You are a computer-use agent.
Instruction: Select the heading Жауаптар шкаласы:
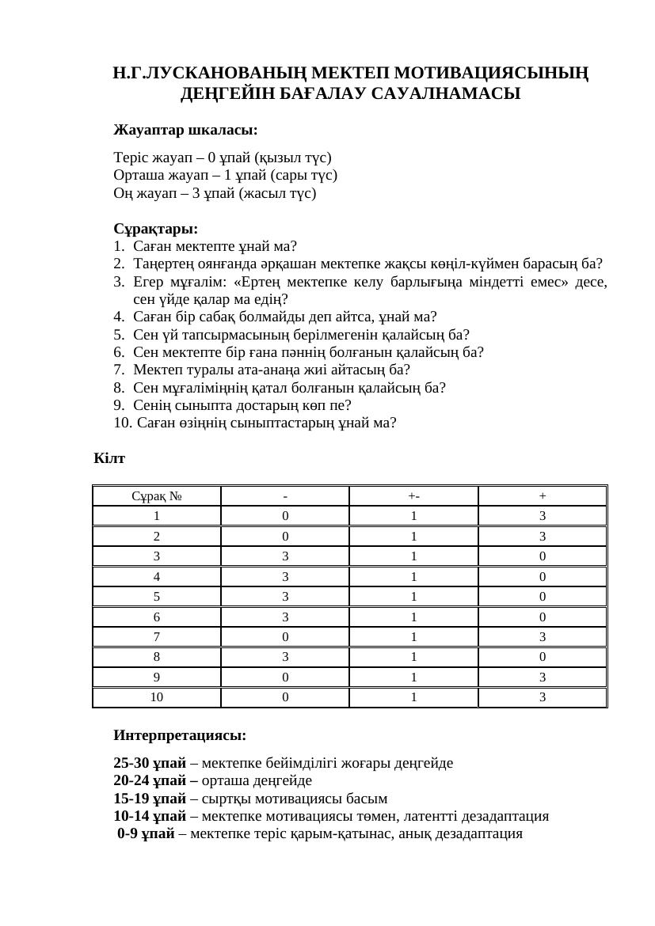coord(185,129)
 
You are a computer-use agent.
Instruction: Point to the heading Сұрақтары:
coord(155,229)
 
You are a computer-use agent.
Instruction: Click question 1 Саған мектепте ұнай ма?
coord(215,246)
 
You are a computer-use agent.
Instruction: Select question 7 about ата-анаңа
coord(272,370)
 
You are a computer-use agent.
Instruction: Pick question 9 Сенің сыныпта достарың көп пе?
coord(242,405)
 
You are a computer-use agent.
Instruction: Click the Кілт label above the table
coord(109,458)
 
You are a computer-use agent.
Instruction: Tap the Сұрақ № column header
coord(157,496)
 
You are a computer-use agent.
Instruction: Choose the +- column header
coord(413,496)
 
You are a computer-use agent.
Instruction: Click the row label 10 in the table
coord(157,697)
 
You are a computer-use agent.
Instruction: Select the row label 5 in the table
coord(157,597)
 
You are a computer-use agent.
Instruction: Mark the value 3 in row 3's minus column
coord(285,556)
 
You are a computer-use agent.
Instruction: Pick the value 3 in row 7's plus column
coord(543,637)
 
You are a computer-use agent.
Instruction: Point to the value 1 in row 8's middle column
coord(413,657)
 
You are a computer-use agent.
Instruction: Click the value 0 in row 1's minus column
coord(285,516)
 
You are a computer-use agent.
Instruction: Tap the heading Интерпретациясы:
coord(180,735)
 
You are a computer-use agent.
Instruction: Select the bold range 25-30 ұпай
coord(150,764)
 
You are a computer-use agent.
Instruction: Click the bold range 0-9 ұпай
coord(147,833)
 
